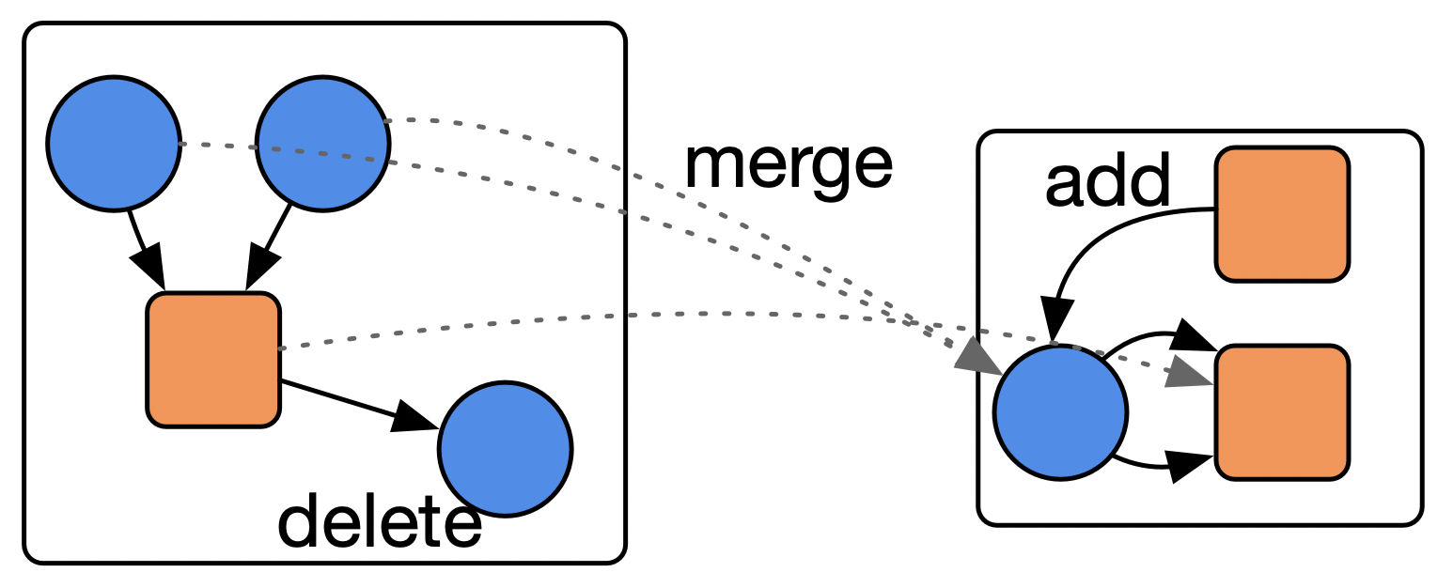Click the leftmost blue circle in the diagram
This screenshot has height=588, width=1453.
click(114, 144)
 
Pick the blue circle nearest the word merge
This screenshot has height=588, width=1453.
click(322, 144)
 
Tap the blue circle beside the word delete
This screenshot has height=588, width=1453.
click(505, 448)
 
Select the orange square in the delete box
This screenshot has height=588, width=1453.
click(213, 360)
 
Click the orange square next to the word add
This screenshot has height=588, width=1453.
click(1282, 213)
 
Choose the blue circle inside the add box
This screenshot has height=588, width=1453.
click(1060, 411)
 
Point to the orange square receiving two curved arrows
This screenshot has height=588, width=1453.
click(1282, 411)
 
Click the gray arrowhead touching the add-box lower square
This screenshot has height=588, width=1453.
click(1189, 372)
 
